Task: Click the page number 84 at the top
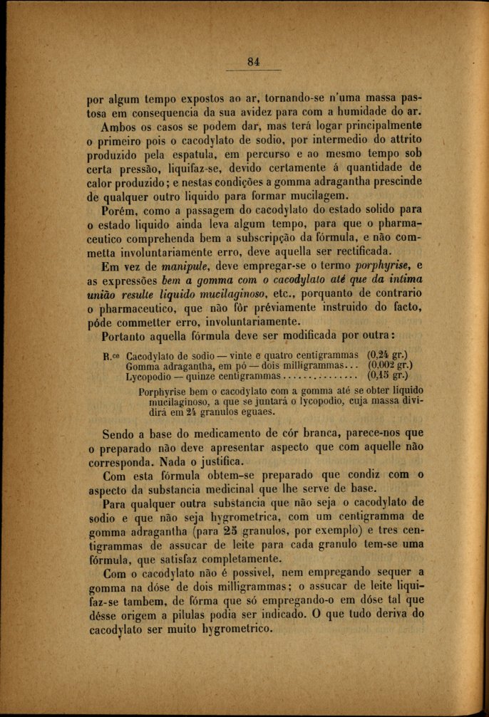pyautogui.click(x=253, y=61)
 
